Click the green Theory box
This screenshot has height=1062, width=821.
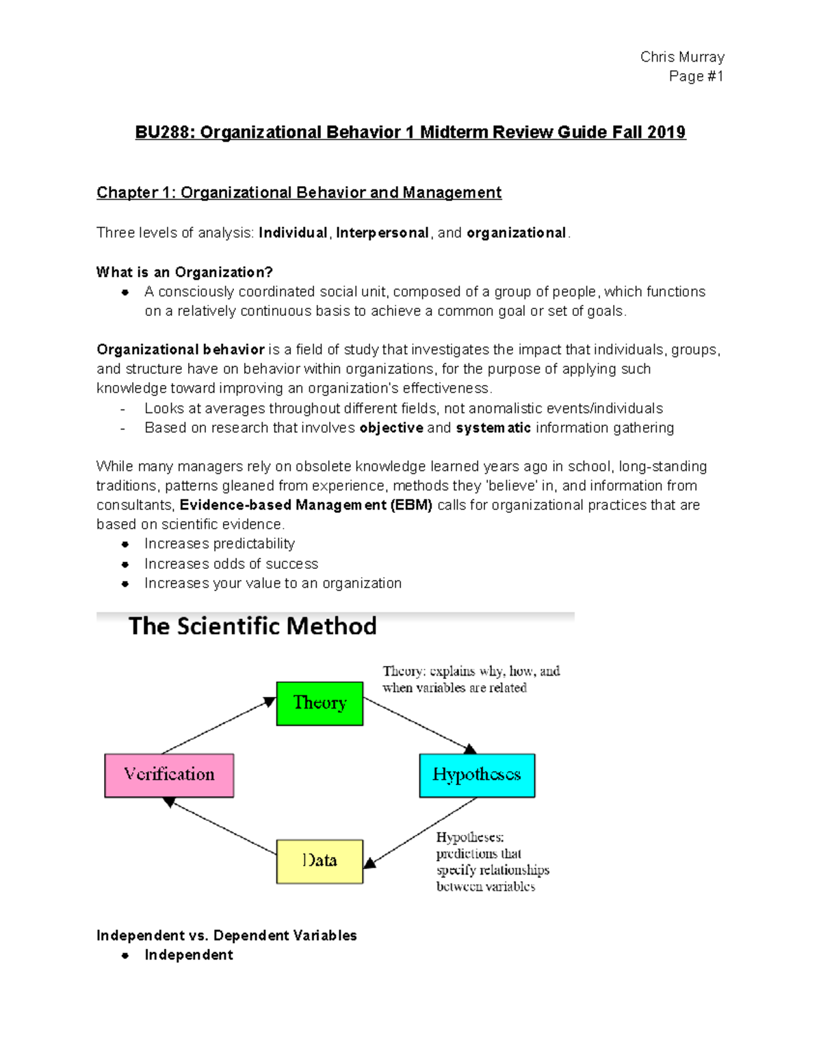point(320,703)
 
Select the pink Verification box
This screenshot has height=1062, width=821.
point(169,775)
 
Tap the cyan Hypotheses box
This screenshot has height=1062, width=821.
point(477,775)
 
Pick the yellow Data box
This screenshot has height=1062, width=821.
point(320,861)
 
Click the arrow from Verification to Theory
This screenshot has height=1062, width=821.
point(218,726)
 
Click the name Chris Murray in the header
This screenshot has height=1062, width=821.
point(681,57)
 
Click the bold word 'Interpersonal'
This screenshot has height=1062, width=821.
point(382,233)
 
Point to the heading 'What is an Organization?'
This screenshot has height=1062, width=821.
point(185,272)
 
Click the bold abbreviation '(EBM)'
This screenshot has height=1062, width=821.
point(410,505)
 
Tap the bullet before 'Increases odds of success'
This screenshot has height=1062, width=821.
point(125,564)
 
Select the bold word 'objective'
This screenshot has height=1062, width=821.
point(391,428)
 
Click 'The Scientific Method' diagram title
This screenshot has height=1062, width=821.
point(252,626)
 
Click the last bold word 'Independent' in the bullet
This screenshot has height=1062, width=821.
point(189,955)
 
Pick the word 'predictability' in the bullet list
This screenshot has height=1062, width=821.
point(253,544)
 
